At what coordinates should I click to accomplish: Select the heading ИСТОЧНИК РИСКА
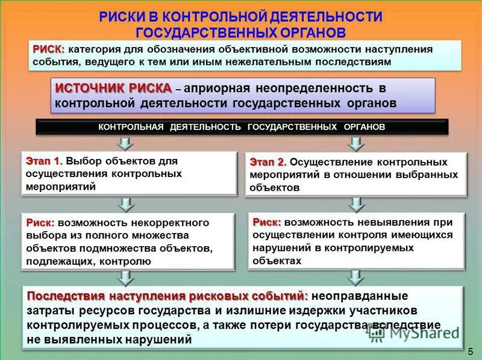(x=113, y=88)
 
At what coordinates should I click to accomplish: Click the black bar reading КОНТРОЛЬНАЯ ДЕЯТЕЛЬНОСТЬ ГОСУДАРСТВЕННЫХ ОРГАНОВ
(x=242, y=127)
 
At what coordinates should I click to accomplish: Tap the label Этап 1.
(x=44, y=161)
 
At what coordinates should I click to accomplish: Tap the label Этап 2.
(x=268, y=162)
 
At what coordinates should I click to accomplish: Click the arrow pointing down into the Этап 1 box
(x=125, y=143)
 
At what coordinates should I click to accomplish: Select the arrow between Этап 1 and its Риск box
(x=125, y=204)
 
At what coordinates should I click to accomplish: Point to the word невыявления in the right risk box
(x=387, y=222)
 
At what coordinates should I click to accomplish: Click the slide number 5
(x=471, y=351)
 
